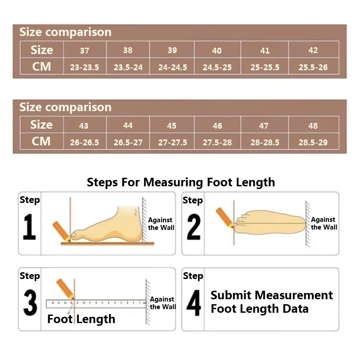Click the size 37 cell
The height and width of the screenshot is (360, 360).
point(85,50)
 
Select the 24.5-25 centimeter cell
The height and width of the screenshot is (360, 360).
point(217,67)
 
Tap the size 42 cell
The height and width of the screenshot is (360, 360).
point(313,50)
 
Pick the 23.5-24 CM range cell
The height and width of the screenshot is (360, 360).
point(128,67)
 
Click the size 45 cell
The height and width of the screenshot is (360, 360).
point(172,126)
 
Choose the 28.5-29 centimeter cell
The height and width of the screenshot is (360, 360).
point(313,143)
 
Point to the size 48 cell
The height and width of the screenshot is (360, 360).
point(313,126)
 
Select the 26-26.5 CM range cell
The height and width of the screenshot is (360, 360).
point(85,143)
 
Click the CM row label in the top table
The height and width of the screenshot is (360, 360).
point(41,67)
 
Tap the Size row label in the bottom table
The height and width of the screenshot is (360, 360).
point(41,125)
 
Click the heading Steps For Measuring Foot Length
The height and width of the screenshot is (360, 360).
point(180,182)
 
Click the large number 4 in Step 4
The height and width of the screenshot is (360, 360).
point(193,303)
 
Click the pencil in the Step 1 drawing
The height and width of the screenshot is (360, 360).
point(61,230)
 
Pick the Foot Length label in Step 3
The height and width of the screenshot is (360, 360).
point(81,319)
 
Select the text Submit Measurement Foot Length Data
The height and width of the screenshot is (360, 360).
point(271,302)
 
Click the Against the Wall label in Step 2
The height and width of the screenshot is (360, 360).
point(324,223)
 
